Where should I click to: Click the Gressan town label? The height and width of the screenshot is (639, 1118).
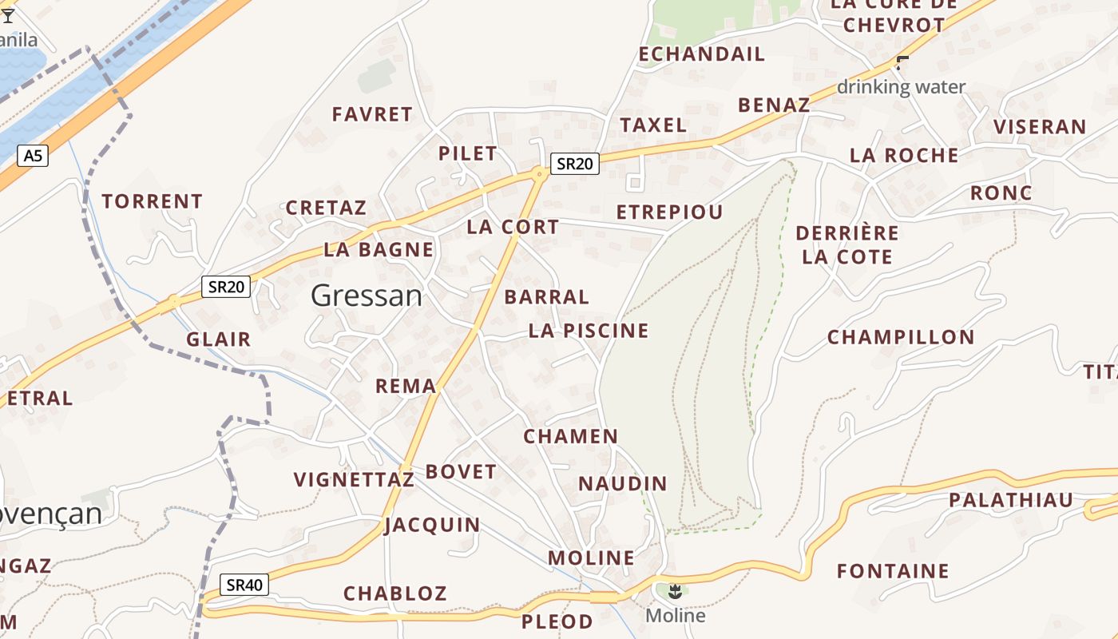click(x=367, y=296)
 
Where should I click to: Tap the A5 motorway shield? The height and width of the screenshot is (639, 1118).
click(x=32, y=156)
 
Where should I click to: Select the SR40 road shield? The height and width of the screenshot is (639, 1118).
click(x=244, y=585)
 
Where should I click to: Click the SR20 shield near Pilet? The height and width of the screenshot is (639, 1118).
click(x=574, y=164)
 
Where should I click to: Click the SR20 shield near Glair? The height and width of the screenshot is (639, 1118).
click(x=226, y=287)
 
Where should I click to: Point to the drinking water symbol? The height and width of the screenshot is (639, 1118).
click(x=903, y=62)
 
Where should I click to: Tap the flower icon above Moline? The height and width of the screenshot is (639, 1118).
click(x=675, y=591)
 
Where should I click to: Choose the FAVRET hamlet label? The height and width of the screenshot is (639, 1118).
click(x=372, y=114)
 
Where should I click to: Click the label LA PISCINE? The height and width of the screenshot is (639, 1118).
click(x=589, y=331)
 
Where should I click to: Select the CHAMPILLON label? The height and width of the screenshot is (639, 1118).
click(x=901, y=337)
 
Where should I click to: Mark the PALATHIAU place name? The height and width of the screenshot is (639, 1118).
click(x=1011, y=501)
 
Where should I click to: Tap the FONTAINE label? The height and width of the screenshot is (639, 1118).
click(x=893, y=571)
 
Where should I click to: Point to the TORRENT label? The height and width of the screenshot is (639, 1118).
click(x=152, y=201)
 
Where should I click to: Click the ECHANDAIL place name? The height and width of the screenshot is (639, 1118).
click(x=702, y=54)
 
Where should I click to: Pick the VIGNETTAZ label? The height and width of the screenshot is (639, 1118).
click(x=354, y=480)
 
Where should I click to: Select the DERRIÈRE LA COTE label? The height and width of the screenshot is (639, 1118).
click(x=847, y=245)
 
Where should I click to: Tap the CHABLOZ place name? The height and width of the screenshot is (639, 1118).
click(x=394, y=593)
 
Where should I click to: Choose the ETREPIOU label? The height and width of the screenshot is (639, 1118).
click(x=669, y=212)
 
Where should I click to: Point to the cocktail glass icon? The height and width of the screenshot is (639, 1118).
click(x=8, y=15)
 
